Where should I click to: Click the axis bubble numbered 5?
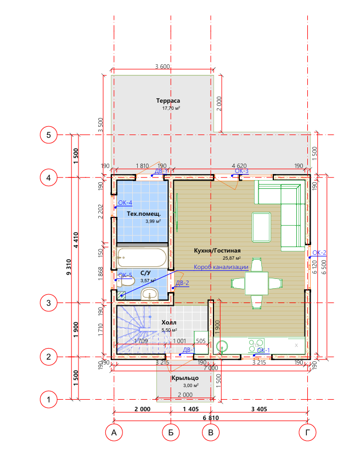48,135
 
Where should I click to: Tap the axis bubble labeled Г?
307,432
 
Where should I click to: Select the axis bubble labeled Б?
171,432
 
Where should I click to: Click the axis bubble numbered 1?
48,400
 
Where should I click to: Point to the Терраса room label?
168,100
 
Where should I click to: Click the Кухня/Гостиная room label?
217,250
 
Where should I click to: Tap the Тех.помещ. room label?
144,214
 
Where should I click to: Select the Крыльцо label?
185,378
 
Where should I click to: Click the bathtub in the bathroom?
142,257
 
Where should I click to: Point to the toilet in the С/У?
125,282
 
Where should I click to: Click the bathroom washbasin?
150,294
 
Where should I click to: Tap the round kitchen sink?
222,346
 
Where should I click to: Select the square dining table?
257,283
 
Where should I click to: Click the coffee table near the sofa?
261,227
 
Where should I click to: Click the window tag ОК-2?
319,253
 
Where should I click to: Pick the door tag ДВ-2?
182,283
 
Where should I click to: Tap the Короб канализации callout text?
221,267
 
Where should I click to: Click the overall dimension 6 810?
211,418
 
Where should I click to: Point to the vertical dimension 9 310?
69,267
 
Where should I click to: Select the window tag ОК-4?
125,203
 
